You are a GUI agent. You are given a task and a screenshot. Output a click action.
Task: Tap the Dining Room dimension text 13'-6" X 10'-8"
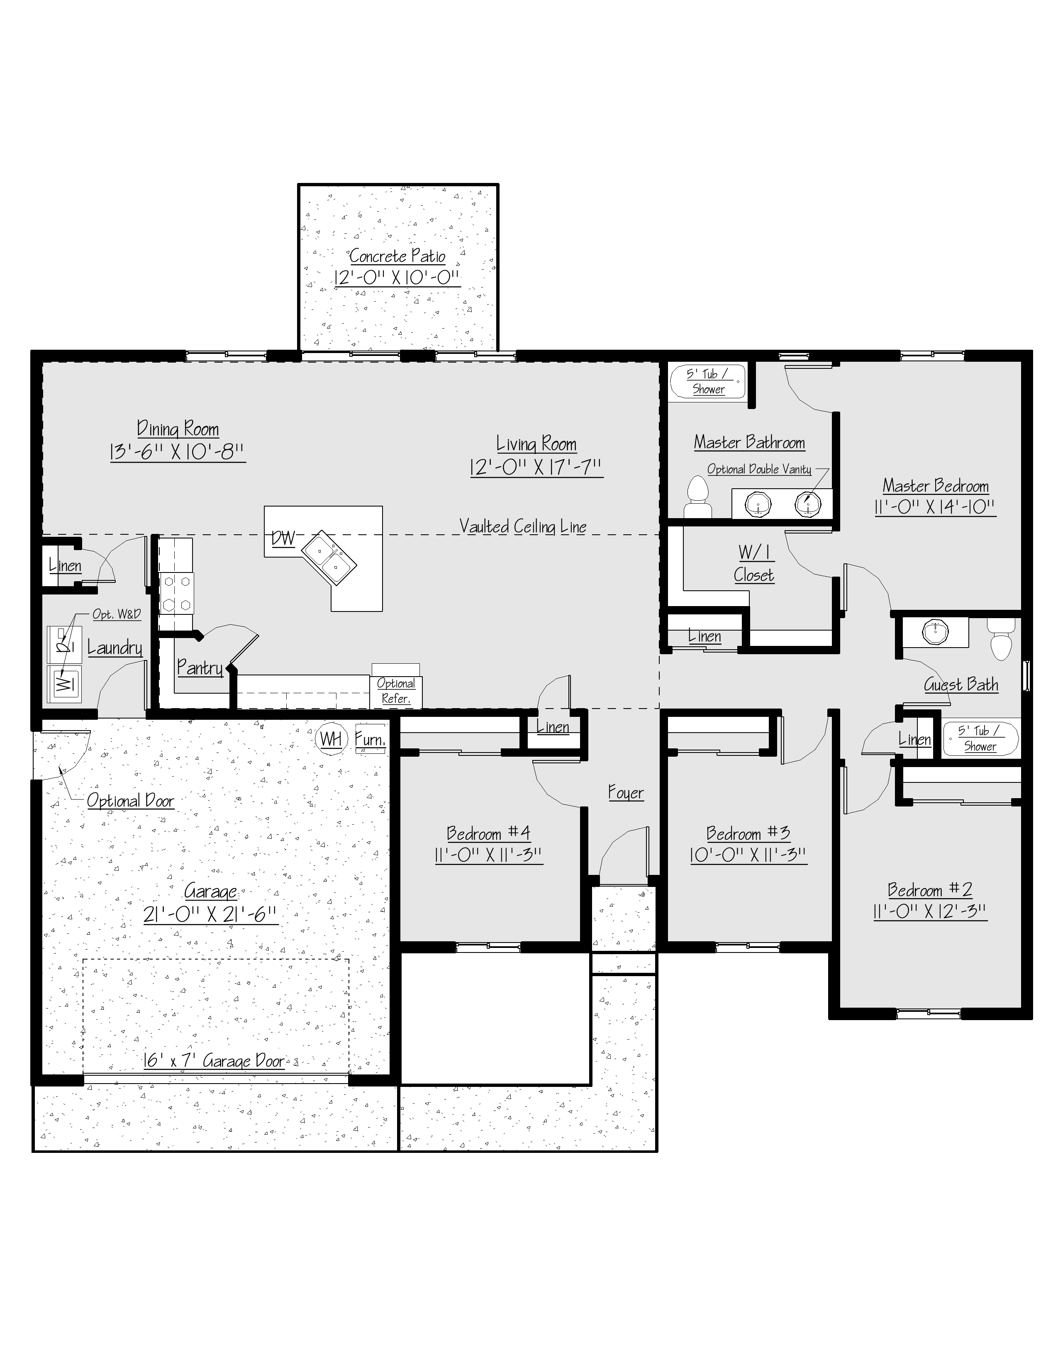tap(178, 452)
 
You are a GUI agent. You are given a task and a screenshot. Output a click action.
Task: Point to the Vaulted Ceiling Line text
tap(523, 526)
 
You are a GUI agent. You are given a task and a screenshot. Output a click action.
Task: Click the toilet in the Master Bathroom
tap(697, 497)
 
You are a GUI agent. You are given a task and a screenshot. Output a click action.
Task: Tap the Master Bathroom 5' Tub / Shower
tap(708, 382)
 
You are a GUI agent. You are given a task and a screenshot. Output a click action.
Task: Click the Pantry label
tap(200, 667)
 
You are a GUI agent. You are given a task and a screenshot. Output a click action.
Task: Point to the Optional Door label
tap(130, 801)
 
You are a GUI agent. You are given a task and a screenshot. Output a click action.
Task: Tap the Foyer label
tap(626, 793)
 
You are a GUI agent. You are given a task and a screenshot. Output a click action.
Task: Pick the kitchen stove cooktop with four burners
tap(177, 593)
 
